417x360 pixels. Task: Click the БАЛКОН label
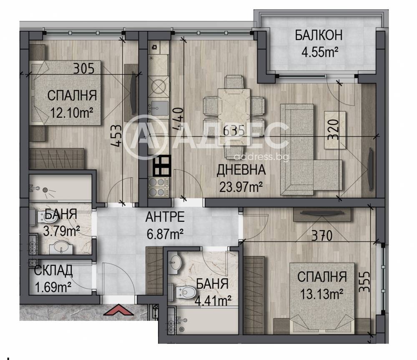pyautogui.click(x=318, y=35)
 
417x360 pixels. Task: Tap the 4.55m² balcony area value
pyautogui.click(x=320, y=52)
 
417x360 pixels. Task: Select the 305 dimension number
pyautogui.click(x=84, y=69)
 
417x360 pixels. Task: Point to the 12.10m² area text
pyautogui.click(x=72, y=113)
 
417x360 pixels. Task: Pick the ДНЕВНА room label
pyautogui.click(x=241, y=170)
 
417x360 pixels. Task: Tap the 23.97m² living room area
pyautogui.click(x=241, y=187)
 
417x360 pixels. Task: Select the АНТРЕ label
pyautogui.click(x=165, y=217)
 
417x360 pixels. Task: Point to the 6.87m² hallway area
pyautogui.click(x=165, y=234)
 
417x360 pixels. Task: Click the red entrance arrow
pyautogui.click(x=118, y=310)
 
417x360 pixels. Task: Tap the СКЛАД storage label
pyautogui.click(x=53, y=270)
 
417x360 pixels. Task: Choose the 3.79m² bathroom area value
pyautogui.click(x=61, y=230)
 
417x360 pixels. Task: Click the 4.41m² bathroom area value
pyautogui.click(x=213, y=300)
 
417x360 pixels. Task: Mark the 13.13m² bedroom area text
pyautogui.click(x=321, y=294)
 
